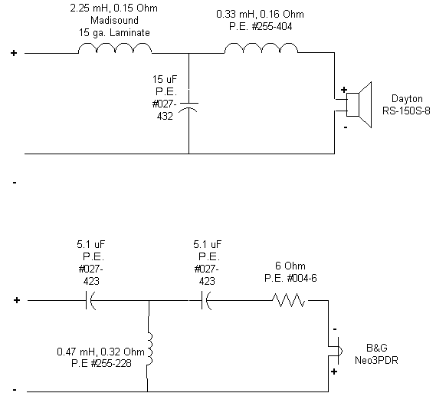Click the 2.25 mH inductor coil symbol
tap(115, 48)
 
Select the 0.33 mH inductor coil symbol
tap(261, 48)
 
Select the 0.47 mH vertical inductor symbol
tap(149, 349)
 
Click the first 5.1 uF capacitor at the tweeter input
tap(90, 302)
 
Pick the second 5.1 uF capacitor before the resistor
tap(206, 302)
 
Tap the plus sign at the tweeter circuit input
tap(16, 301)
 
